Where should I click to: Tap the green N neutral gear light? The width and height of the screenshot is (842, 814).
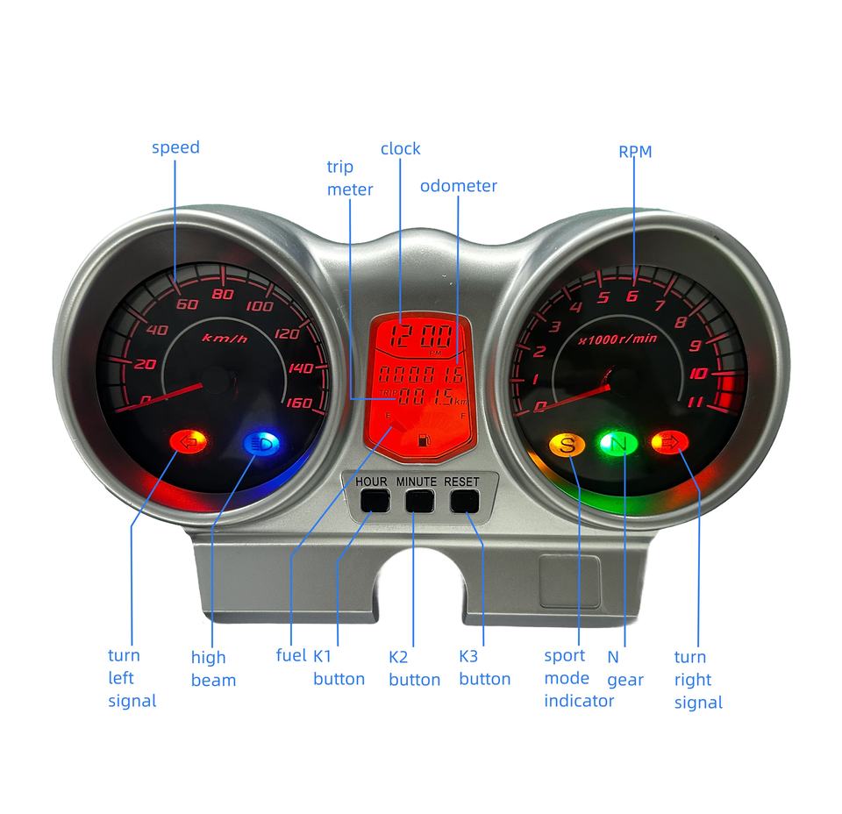(x=619, y=444)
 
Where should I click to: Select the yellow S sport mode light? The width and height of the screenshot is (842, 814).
(x=567, y=444)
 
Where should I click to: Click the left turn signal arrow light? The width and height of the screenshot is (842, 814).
(x=189, y=441)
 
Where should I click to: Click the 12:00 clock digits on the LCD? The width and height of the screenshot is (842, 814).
(x=425, y=336)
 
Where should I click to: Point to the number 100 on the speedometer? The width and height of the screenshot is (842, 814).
(x=260, y=306)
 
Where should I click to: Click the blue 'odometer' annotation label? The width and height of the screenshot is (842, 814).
(x=458, y=186)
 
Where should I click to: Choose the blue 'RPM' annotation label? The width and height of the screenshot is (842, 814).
(x=635, y=152)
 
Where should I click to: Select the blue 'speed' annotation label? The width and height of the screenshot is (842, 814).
(x=175, y=147)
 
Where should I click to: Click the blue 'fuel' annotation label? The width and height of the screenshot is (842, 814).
(x=291, y=655)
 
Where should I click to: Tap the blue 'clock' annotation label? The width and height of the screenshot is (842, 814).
(x=400, y=148)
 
